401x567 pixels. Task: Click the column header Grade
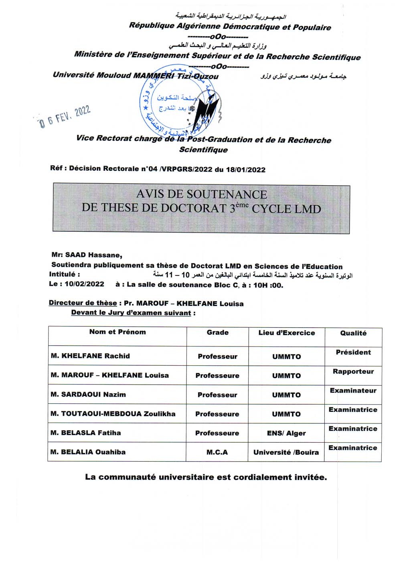pos(218,332)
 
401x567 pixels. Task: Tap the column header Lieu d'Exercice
pos(287,333)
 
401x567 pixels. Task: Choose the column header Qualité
pos(353,333)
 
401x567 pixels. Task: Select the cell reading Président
pos(353,352)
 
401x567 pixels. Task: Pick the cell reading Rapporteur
pos(353,372)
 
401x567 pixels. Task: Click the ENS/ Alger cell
pos(286,433)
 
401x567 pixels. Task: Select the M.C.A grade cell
pos(217,452)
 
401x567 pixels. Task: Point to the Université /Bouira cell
pos(286,453)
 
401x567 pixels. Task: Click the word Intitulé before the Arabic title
pos(64,275)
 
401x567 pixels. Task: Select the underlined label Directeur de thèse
pos(83,303)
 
